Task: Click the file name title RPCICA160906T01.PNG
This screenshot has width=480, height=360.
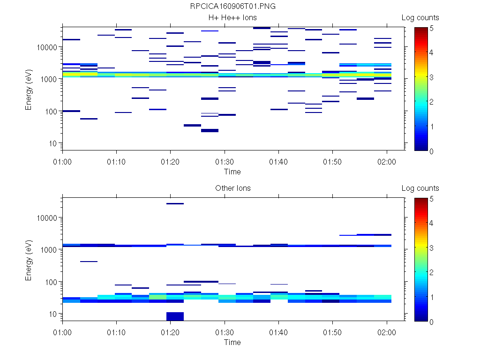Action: coord(233,7)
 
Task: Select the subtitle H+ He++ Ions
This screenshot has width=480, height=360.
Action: coord(233,18)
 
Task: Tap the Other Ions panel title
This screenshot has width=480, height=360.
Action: coord(233,188)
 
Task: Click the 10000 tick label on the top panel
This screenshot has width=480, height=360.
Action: coord(46,47)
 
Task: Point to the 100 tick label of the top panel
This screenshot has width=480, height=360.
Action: coord(50,112)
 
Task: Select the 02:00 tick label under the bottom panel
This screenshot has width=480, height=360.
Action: coord(387,332)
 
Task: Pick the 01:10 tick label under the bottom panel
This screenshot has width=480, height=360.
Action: coord(116,332)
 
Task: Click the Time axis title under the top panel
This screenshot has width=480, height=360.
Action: coord(232,172)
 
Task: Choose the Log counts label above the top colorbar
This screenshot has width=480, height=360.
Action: coord(420,18)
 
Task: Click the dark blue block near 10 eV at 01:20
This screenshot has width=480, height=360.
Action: coord(175,316)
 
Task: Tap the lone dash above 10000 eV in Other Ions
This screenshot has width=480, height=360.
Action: coord(175,204)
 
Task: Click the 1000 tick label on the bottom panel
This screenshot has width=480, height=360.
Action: coord(48,250)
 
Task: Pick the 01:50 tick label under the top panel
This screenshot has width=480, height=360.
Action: coord(332,161)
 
